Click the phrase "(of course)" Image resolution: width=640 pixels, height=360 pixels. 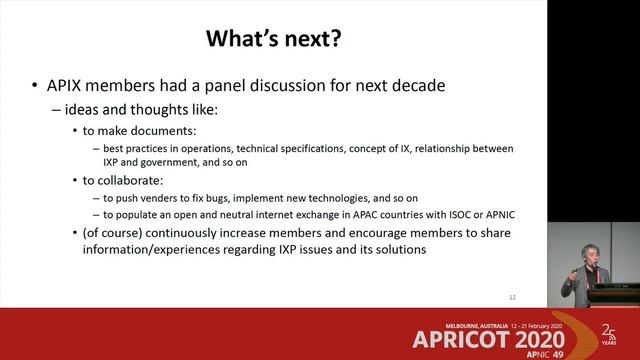[x=115, y=234]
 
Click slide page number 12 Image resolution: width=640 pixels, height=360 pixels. [x=512, y=296]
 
